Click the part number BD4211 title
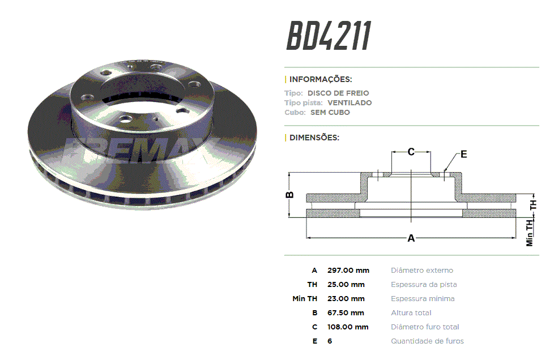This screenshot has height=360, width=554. [x=329, y=36]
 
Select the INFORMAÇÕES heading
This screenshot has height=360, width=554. [x=321, y=79]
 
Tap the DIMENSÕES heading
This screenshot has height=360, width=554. [x=314, y=138]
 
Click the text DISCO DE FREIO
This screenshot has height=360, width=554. [x=338, y=93]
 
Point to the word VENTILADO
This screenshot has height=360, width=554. [x=350, y=102]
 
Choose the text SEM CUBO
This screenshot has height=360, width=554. [x=330, y=112]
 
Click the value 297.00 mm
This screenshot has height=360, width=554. [x=348, y=271]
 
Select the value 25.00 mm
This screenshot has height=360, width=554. [x=346, y=285]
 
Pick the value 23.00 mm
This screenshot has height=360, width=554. [x=346, y=299]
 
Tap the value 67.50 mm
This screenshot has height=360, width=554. [x=346, y=312]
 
